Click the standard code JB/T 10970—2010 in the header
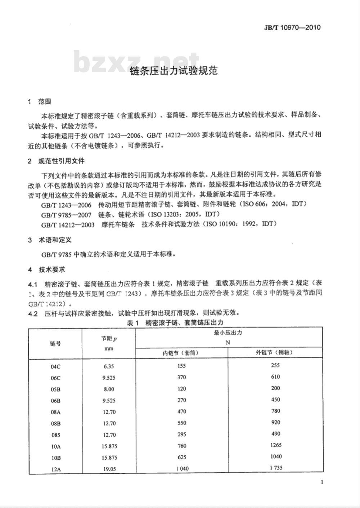click(292, 27)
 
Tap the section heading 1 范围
click(40, 102)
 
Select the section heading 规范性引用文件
click(61, 161)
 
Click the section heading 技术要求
click(52, 269)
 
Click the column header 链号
click(55, 343)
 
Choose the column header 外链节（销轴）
click(274, 353)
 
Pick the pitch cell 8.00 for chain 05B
click(108, 389)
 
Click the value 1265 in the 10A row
click(276, 445)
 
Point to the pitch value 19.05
click(109, 468)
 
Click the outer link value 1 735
click(276, 468)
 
